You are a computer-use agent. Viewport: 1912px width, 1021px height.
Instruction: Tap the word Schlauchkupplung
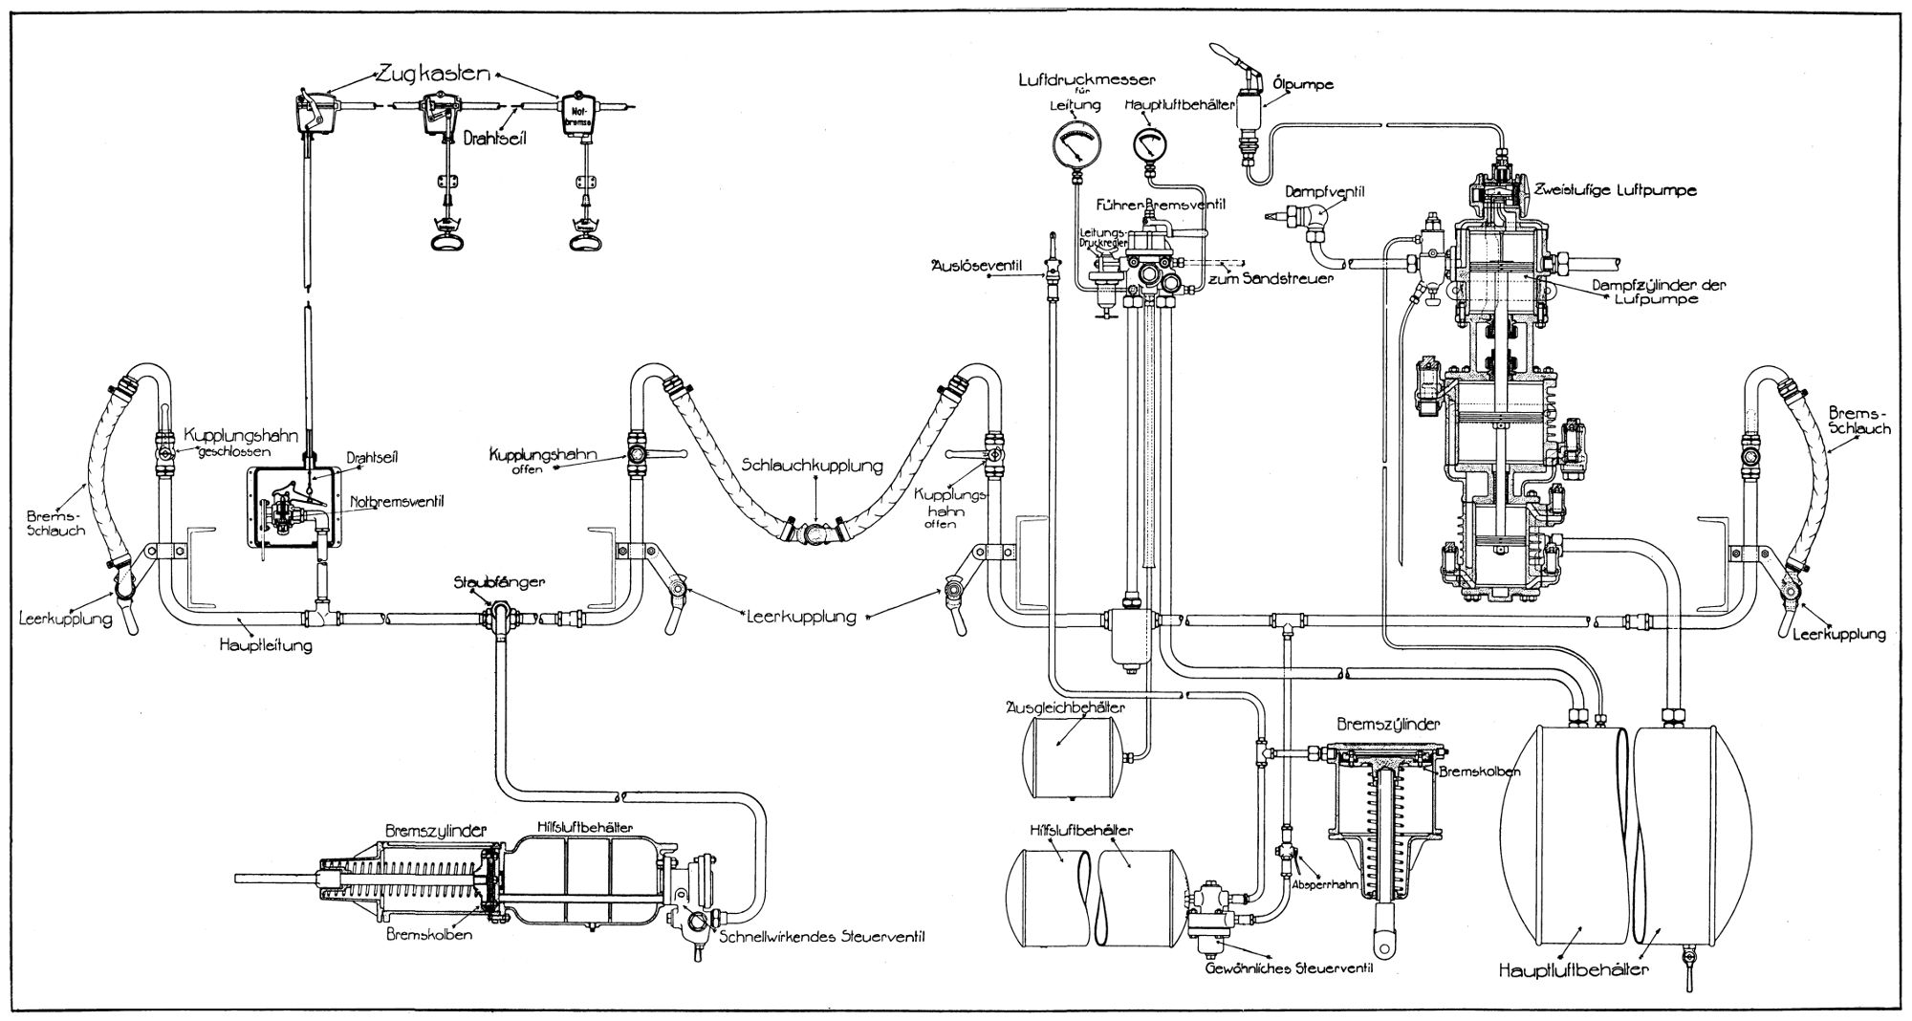[x=812, y=466]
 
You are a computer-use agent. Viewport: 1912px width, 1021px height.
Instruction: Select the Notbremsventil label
[x=389, y=500]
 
